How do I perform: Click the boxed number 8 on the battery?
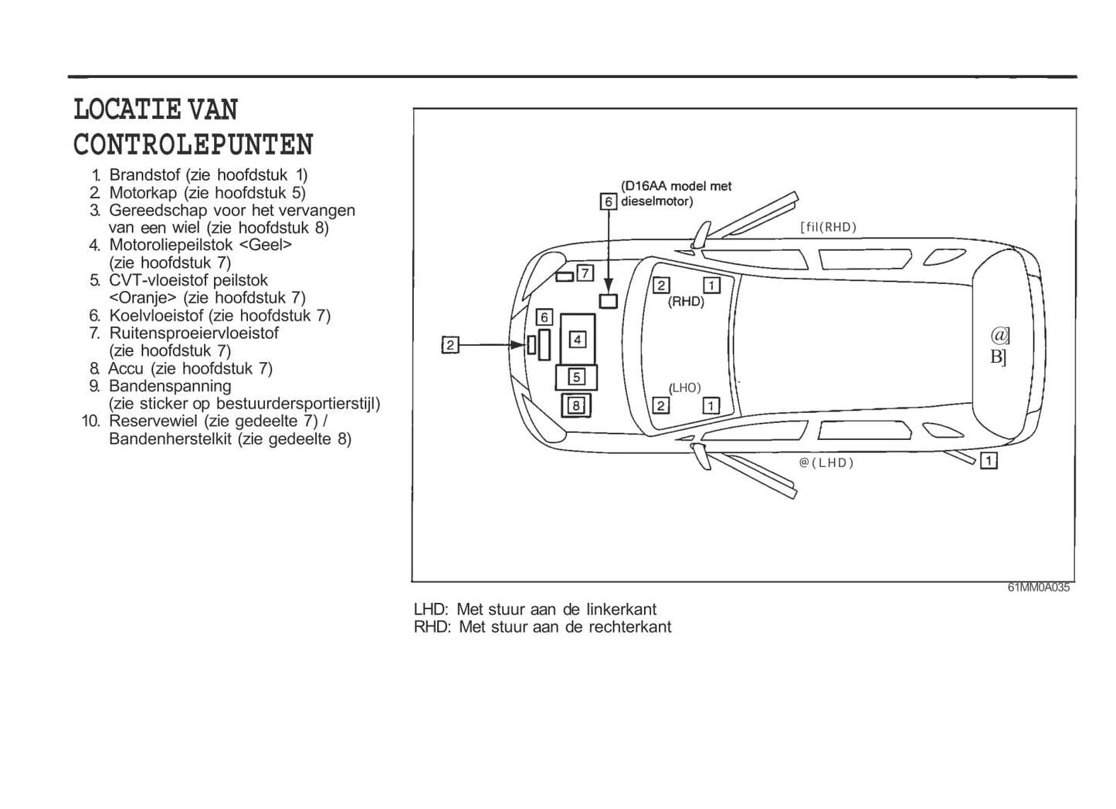576,406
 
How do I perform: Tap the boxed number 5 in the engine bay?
576,377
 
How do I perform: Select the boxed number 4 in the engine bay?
578,340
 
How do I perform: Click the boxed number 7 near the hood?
585,272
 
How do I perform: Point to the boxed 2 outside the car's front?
450,345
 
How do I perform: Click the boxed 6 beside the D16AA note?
609,201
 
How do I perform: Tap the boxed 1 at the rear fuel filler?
989,461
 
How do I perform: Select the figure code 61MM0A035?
1038,587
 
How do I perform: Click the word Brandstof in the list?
144,174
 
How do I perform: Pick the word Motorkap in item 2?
143,193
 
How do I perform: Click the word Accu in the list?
126,368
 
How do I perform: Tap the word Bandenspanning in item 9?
170,386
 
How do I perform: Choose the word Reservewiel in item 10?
154,421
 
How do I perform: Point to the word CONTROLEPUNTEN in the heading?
193,145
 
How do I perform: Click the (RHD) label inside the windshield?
686,302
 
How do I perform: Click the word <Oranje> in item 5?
142,298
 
